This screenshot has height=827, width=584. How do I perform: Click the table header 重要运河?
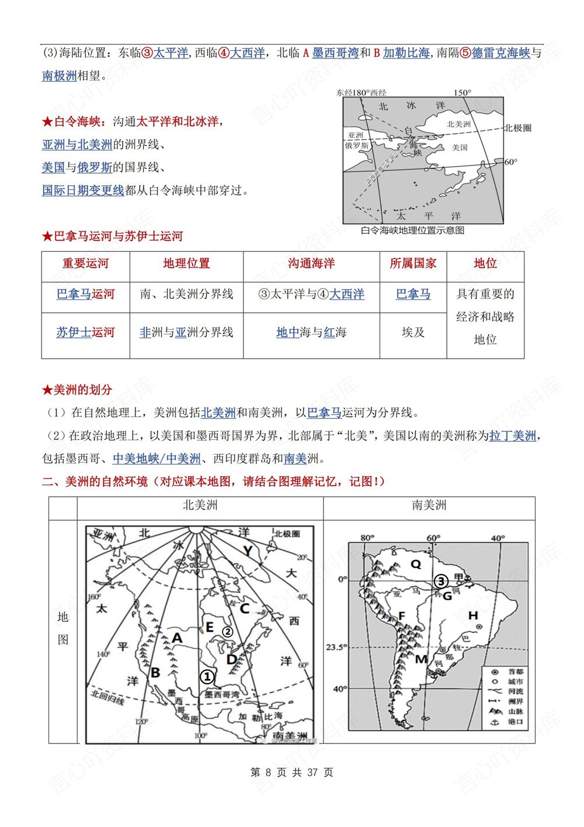pyautogui.click(x=85, y=264)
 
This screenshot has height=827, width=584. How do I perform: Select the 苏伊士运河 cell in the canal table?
pyautogui.click(x=85, y=333)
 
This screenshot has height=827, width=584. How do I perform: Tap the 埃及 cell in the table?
pyautogui.click(x=413, y=333)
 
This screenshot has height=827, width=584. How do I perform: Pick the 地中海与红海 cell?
pyautogui.click(x=311, y=333)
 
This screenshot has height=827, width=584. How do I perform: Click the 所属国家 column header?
pyautogui.click(x=413, y=264)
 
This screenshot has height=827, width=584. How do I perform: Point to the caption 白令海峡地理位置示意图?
pyautogui.click(x=412, y=230)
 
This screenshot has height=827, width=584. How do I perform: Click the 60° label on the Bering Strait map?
pyautogui.click(x=510, y=162)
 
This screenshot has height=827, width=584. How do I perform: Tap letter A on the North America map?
pyautogui.click(x=177, y=638)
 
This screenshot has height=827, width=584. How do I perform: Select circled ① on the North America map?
pyautogui.click(x=207, y=676)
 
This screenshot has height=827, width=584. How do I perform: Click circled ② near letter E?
pyautogui.click(x=227, y=631)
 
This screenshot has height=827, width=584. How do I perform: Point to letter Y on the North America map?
pyautogui.click(x=248, y=551)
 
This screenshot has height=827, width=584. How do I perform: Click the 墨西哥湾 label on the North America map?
pyautogui.click(x=221, y=694)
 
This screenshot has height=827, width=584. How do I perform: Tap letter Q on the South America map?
pyautogui.click(x=416, y=564)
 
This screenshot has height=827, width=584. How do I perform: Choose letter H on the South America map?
pyautogui.click(x=473, y=615)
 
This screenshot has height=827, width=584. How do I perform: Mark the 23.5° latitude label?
pyautogui.click(x=335, y=647)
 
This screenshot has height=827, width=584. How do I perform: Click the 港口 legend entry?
pyautogui.click(x=515, y=721)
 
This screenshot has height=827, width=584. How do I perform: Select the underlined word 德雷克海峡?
pyautogui.click(x=500, y=53)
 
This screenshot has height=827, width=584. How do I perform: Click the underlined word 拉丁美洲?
pyautogui.click(x=512, y=436)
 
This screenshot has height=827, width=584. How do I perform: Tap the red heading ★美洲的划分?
pyautogui.click(x=77, y=390)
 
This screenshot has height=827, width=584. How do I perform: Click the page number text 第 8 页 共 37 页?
pyautogui.click(x=291, y=773)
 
